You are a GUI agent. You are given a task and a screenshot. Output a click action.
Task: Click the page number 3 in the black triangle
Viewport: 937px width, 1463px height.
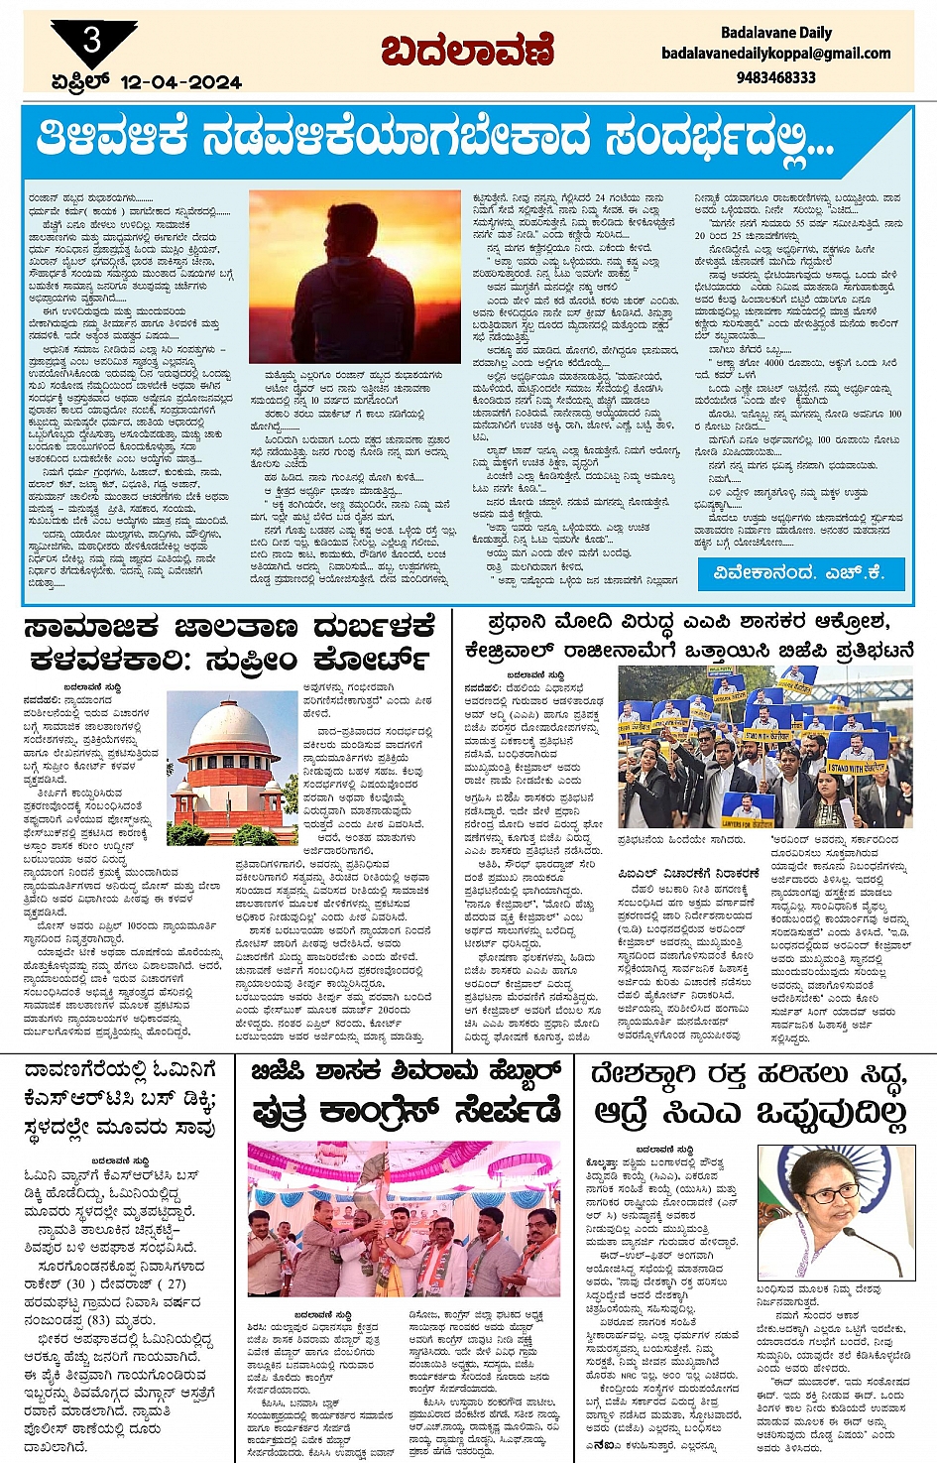[x=92, y=41]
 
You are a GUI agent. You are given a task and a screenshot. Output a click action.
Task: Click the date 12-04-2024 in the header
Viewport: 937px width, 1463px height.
[x=180, y=82]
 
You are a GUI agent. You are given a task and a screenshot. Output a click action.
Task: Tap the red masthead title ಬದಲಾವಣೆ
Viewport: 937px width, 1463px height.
[x=468, y=52]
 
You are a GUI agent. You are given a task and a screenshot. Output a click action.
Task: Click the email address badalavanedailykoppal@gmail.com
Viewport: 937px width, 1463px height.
[x=776, y=54]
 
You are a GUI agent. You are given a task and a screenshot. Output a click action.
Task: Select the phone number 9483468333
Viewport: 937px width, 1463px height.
[x=776, y=76]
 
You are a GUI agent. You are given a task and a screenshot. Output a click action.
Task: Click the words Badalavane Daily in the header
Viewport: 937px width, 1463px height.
[x=776, y=33]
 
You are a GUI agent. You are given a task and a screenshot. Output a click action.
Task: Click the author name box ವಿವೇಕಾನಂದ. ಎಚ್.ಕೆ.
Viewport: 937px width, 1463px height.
[x=797, y=572]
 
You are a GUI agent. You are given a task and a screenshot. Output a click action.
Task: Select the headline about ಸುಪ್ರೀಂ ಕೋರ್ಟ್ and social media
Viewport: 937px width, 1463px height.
[x=230, y=643]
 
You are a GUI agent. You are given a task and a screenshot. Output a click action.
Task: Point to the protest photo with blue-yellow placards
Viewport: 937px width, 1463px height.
[x=764, y=748]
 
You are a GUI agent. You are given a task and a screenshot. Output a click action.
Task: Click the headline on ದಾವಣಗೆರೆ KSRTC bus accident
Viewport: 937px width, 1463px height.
[x=120, y=1099]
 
